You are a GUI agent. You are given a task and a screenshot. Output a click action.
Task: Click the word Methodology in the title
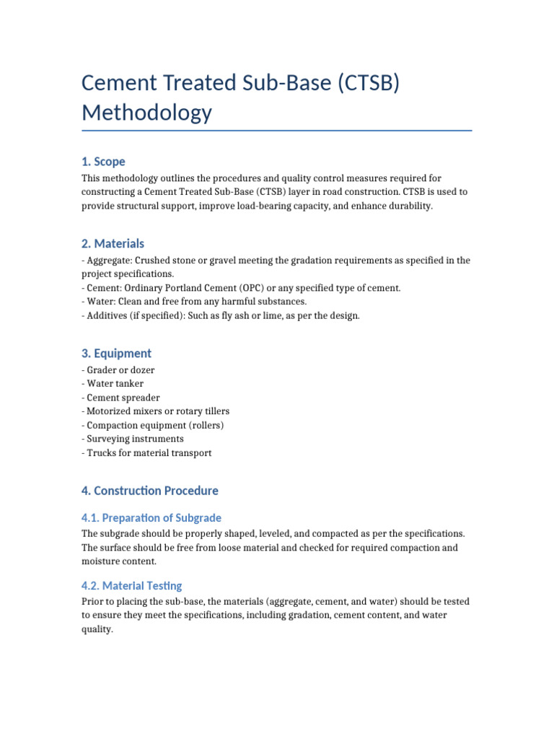click(147, 113)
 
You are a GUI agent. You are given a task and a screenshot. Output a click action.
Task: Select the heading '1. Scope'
click(103, 162)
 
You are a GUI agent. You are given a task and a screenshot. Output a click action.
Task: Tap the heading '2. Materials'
click(113, 244)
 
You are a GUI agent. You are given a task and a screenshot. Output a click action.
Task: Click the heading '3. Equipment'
click(116, 354)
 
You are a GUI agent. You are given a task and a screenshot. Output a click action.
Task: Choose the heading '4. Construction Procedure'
click(149, 491)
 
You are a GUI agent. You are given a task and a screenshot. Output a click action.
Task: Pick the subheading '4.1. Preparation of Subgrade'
click(151, 518)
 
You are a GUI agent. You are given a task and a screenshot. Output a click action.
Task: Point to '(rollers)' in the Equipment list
click(206, 425)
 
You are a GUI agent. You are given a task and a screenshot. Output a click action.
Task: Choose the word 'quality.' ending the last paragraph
click(97, 629)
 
